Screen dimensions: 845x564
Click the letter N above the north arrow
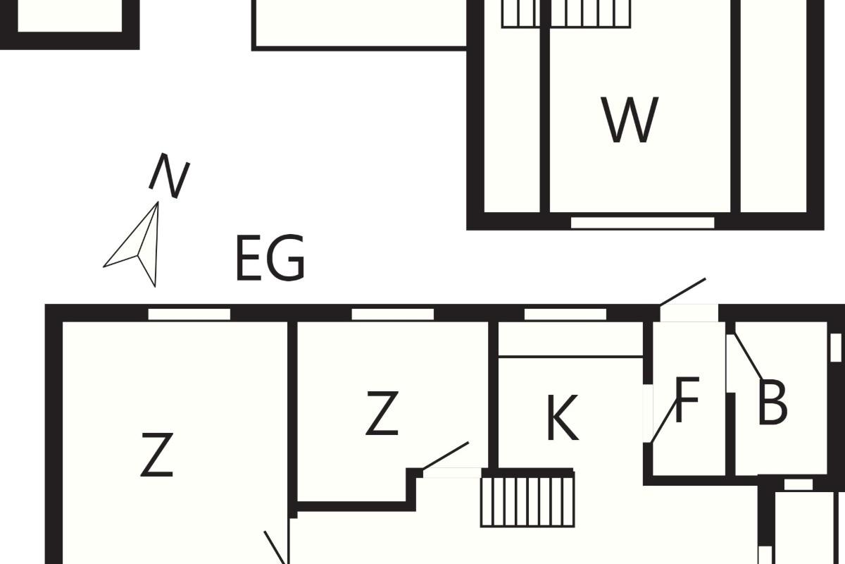[170, 176]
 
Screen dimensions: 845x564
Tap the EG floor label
[270, 257]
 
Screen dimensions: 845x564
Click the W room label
[630, 120]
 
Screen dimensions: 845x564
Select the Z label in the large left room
[157, 455]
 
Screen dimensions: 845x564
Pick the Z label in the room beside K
[382, 413]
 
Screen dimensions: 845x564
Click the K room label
[563, 418]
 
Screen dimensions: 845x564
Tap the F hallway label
[687, 400]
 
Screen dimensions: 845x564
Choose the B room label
[772, 403]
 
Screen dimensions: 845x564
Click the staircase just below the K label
[527, 498]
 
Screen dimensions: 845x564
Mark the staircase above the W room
[566, 14]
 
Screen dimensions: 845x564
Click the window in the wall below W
[642, 223]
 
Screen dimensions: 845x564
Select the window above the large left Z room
[189, 314]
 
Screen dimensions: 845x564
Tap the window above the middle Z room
[393, 314]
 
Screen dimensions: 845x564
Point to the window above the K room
[565, 314]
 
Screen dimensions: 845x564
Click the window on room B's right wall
[836, 348]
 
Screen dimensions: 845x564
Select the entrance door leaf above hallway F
[683, 292]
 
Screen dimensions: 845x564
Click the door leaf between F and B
[749, 357]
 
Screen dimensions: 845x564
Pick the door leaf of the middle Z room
[446, 456]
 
